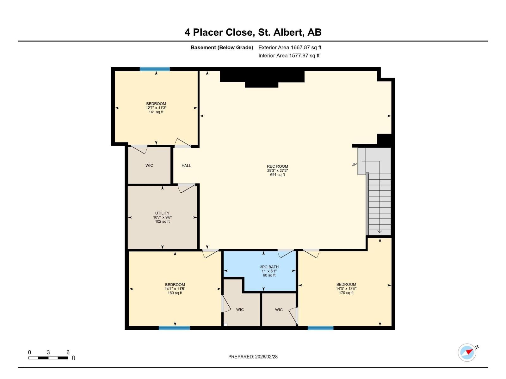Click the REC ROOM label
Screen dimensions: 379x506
(x=277, y=166)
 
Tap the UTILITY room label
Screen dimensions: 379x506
(x=162, y=213)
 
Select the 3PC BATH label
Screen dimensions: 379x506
(x=269, y=267)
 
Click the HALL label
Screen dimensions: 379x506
(x=186, y=165)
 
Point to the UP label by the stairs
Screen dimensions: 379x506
(x=354, y=164)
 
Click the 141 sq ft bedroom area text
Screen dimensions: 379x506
(x=156, y=112)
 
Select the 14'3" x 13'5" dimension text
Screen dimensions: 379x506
(x=346, y=289)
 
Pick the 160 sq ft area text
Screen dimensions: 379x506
(x=175, y=293)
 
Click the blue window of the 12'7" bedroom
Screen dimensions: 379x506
(x=155, y=69)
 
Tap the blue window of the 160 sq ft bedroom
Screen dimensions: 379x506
(x=174, y=328)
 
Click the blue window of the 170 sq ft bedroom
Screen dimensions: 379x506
(x=320, y=328)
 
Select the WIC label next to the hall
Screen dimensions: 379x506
(x=149, y=165)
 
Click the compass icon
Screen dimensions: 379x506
(x=467, y=352)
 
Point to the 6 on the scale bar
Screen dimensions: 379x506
(x=68, y=352)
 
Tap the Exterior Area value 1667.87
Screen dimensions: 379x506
(x=300, y=48)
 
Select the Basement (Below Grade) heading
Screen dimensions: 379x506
(x=222, y=48)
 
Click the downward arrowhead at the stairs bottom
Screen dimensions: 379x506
(x=379, y=232)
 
